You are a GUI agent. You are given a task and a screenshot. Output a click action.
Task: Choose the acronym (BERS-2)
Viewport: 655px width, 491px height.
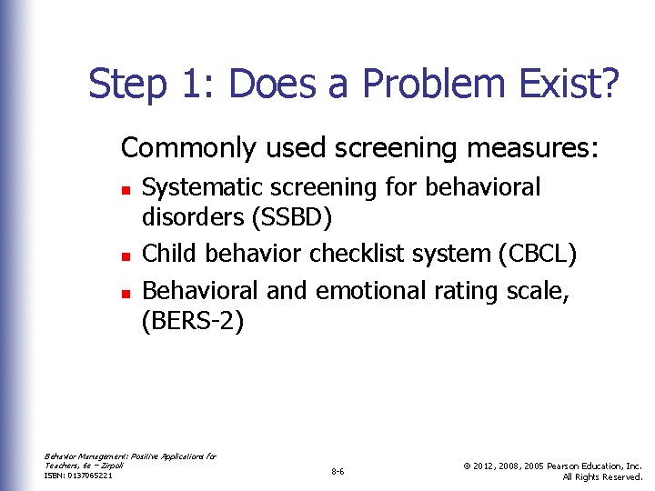(193, 323)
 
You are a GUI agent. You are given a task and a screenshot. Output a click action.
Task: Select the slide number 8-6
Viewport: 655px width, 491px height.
(338, 471)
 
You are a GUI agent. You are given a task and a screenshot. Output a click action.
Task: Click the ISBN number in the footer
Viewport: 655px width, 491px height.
(79, 476)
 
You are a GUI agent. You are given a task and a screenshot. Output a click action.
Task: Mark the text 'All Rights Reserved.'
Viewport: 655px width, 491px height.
(602, 476)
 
